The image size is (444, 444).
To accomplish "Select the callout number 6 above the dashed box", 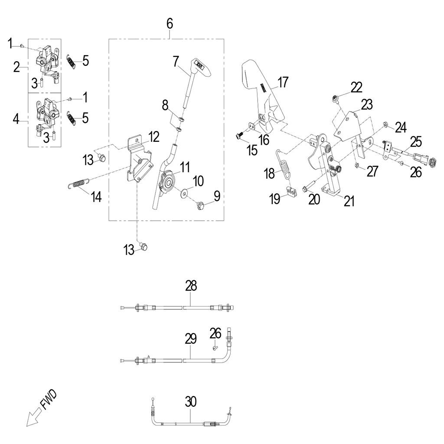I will pyautogui.click(x=170, y=24).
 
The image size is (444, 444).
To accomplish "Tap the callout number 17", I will pyautogui.click(x=283, y=82).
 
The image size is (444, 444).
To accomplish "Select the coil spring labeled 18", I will pyautogui.click(x=284, y=163).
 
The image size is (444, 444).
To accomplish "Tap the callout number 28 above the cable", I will pyautogui.click(x=191, y=286).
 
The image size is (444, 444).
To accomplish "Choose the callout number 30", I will pyautogui.click(x=191, y=402).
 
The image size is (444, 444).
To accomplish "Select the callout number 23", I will pyautogui.click(x=367, y=104).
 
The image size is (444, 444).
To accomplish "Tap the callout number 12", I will pyautogui.click(x=154, y=137).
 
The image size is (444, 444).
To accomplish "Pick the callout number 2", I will pyautogui.click(x=17, y=67).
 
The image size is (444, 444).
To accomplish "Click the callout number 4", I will pyautogui.click(x=17, y=118).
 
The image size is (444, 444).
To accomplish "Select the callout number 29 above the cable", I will pyautogui.click(x=191, y=339).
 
